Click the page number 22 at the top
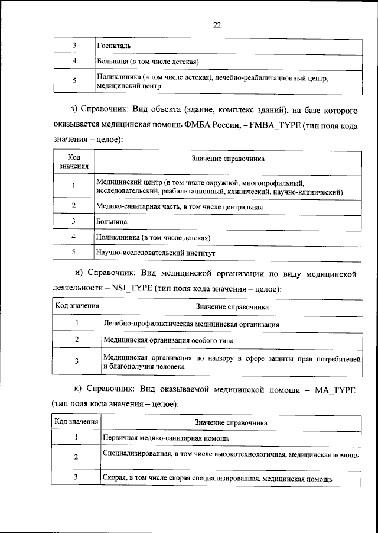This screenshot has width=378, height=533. coord(217,25)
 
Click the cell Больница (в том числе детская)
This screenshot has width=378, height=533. coord(146,62)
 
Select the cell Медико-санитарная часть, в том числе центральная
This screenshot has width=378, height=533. coord(179,206)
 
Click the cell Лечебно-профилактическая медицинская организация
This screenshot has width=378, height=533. coord(191,324)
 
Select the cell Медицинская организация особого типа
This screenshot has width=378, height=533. coord(168,341)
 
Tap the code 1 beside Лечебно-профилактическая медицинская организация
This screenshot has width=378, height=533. coord(77,324)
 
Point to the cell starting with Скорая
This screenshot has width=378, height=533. coord(217,477)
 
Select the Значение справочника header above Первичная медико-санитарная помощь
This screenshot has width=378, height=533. coord(231,423)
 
